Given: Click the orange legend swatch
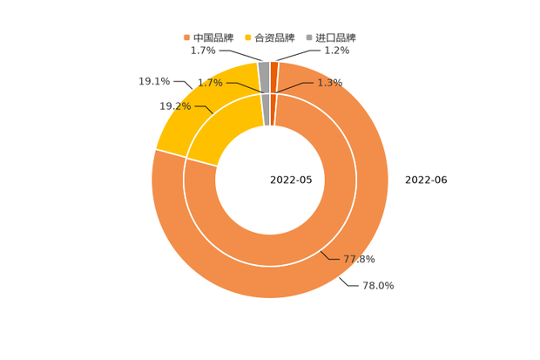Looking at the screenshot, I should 186,37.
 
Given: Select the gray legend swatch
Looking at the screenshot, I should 308,37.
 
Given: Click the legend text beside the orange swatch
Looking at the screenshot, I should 215,37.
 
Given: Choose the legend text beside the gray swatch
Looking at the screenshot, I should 336,37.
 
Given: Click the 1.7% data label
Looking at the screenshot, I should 210,83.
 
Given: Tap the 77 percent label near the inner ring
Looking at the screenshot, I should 359,259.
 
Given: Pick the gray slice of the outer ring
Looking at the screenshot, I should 264,70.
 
